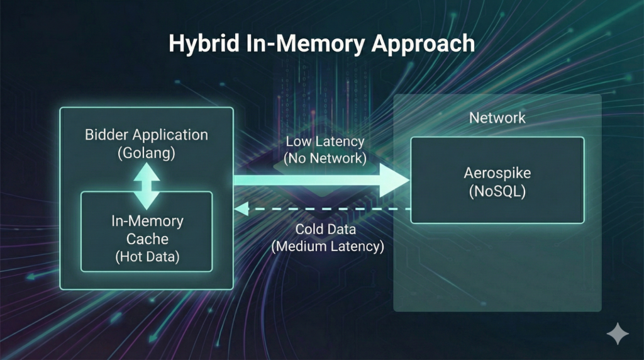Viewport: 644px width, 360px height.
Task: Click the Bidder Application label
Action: coord(147,135)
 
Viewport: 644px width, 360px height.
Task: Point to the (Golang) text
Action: coord(147,153)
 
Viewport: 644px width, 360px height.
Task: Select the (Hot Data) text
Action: coord(147,257)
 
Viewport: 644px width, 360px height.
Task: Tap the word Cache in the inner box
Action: coord(147,239)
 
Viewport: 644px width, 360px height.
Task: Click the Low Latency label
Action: coord(325,141)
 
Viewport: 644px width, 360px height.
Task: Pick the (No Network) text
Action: coord(325,158)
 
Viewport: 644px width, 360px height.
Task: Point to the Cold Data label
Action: coord(327,229)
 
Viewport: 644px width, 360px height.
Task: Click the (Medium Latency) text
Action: coord(327,246)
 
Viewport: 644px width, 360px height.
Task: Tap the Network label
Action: coord(497,118)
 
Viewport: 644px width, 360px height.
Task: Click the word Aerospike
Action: coord(497,173)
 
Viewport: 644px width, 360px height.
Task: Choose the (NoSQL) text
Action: coord(497,191)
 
